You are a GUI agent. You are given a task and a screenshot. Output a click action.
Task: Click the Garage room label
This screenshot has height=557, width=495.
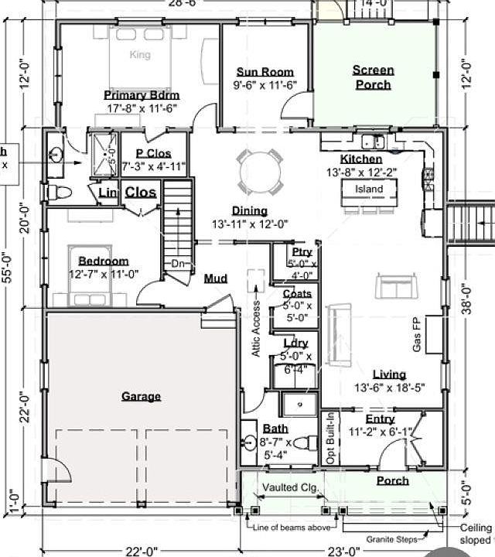coord(141,397)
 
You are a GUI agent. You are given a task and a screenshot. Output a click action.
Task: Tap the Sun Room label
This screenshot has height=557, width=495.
coord(265,73)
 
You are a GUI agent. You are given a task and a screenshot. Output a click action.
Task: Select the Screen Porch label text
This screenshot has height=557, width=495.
coord(373,77)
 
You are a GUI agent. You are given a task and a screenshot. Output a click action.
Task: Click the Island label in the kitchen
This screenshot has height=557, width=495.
coord(369,190)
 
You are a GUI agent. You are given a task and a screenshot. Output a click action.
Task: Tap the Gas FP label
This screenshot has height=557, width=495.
coord(416,334)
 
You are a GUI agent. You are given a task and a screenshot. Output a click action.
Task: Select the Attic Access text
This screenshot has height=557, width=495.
coord(256,328)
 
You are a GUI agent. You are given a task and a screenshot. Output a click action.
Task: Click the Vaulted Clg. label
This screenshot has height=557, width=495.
coord(288,487)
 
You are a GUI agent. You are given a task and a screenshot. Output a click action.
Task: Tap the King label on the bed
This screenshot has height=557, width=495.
coord(140,55)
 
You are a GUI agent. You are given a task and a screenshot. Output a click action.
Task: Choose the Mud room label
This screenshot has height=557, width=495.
coord(215,278)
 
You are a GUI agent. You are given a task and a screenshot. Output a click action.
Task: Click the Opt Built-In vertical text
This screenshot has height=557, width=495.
coord(329,439)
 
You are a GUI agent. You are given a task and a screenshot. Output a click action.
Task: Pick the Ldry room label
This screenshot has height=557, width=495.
coord(295,343)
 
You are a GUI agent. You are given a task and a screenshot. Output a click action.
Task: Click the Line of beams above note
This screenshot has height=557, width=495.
coord(292,527)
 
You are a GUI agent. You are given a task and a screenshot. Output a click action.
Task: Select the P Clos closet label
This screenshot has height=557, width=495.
coord(153,154)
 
